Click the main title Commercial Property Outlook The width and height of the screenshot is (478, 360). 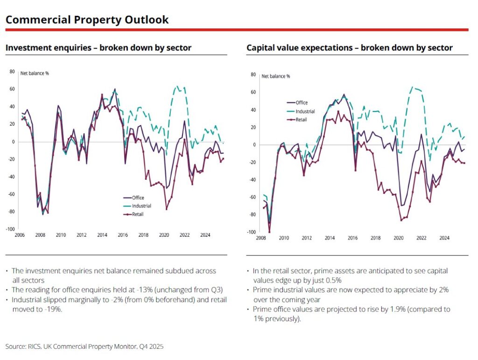[87, 20]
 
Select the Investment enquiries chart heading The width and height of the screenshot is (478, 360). [98, 48]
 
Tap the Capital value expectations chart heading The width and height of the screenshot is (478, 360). [349, 48]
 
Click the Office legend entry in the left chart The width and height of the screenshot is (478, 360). [138, 198]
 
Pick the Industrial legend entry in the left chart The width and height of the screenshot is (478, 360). [141, 206]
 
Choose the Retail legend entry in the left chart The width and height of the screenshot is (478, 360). [138, 214]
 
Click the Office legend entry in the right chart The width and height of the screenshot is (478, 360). [301, 103]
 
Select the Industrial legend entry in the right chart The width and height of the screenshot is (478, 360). [304, 111]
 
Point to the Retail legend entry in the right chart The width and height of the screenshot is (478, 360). [301, 120]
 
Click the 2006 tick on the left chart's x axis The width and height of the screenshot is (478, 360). [20, 235]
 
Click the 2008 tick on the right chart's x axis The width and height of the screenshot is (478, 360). [260, 238]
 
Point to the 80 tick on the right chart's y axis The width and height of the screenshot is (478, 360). [253, 75]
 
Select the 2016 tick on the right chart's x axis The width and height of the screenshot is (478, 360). [353, 238]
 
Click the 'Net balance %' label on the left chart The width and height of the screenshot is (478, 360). [35, 73]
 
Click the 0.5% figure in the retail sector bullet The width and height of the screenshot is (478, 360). [333, 280]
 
